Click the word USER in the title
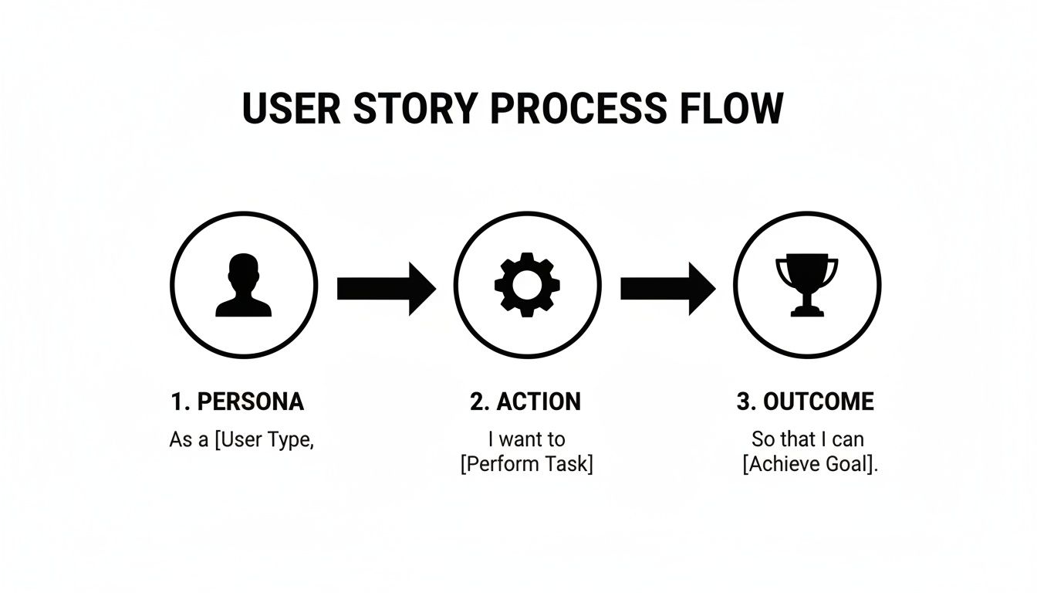tap(291, 109)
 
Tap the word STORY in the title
tap(414, 109)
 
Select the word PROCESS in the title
tap(577, 109)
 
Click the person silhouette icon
tap(243, 286)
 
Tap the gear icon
tap(527, 285)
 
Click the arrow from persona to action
tap(385, 288)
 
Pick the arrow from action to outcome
tap(667, 288)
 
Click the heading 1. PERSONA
tap(237, 402)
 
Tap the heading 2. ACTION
tap(525, 402)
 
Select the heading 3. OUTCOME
tap(806, 402)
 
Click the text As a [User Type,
tap(242, 441)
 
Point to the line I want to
tap(526, 439)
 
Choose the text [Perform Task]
tap(526, 466)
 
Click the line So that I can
tap(808, 439)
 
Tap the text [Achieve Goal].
tap(810, 466)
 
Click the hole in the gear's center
tap(527, 285)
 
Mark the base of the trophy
tap(806, 311)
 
